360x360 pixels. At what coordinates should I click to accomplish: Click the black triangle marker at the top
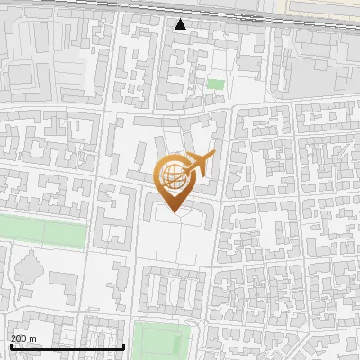click(181, 24)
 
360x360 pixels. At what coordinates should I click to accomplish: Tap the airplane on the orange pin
click(197, 165)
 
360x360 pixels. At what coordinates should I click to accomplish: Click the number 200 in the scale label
click(19, 338)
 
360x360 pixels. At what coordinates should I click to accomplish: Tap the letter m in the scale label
click(33, 338)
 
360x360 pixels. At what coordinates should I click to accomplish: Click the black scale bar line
click(67, 346)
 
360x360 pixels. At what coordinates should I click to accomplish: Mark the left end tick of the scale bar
click(10, 345)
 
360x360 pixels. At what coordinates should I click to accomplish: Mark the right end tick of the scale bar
click(123, 345)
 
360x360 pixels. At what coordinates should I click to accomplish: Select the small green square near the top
click(215, 84)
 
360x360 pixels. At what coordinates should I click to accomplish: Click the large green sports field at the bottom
click(163, 341)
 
